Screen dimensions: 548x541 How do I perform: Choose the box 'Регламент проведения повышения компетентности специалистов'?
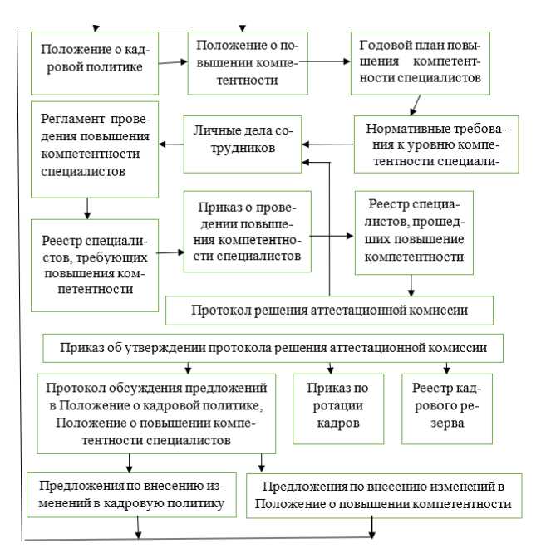[x=93, y=149]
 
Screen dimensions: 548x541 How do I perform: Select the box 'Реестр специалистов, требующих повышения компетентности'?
[x=93, y=264]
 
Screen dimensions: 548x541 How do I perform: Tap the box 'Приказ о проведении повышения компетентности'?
[x=248, y=231]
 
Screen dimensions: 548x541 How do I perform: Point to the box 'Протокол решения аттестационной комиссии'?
[x=330, y=310]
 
